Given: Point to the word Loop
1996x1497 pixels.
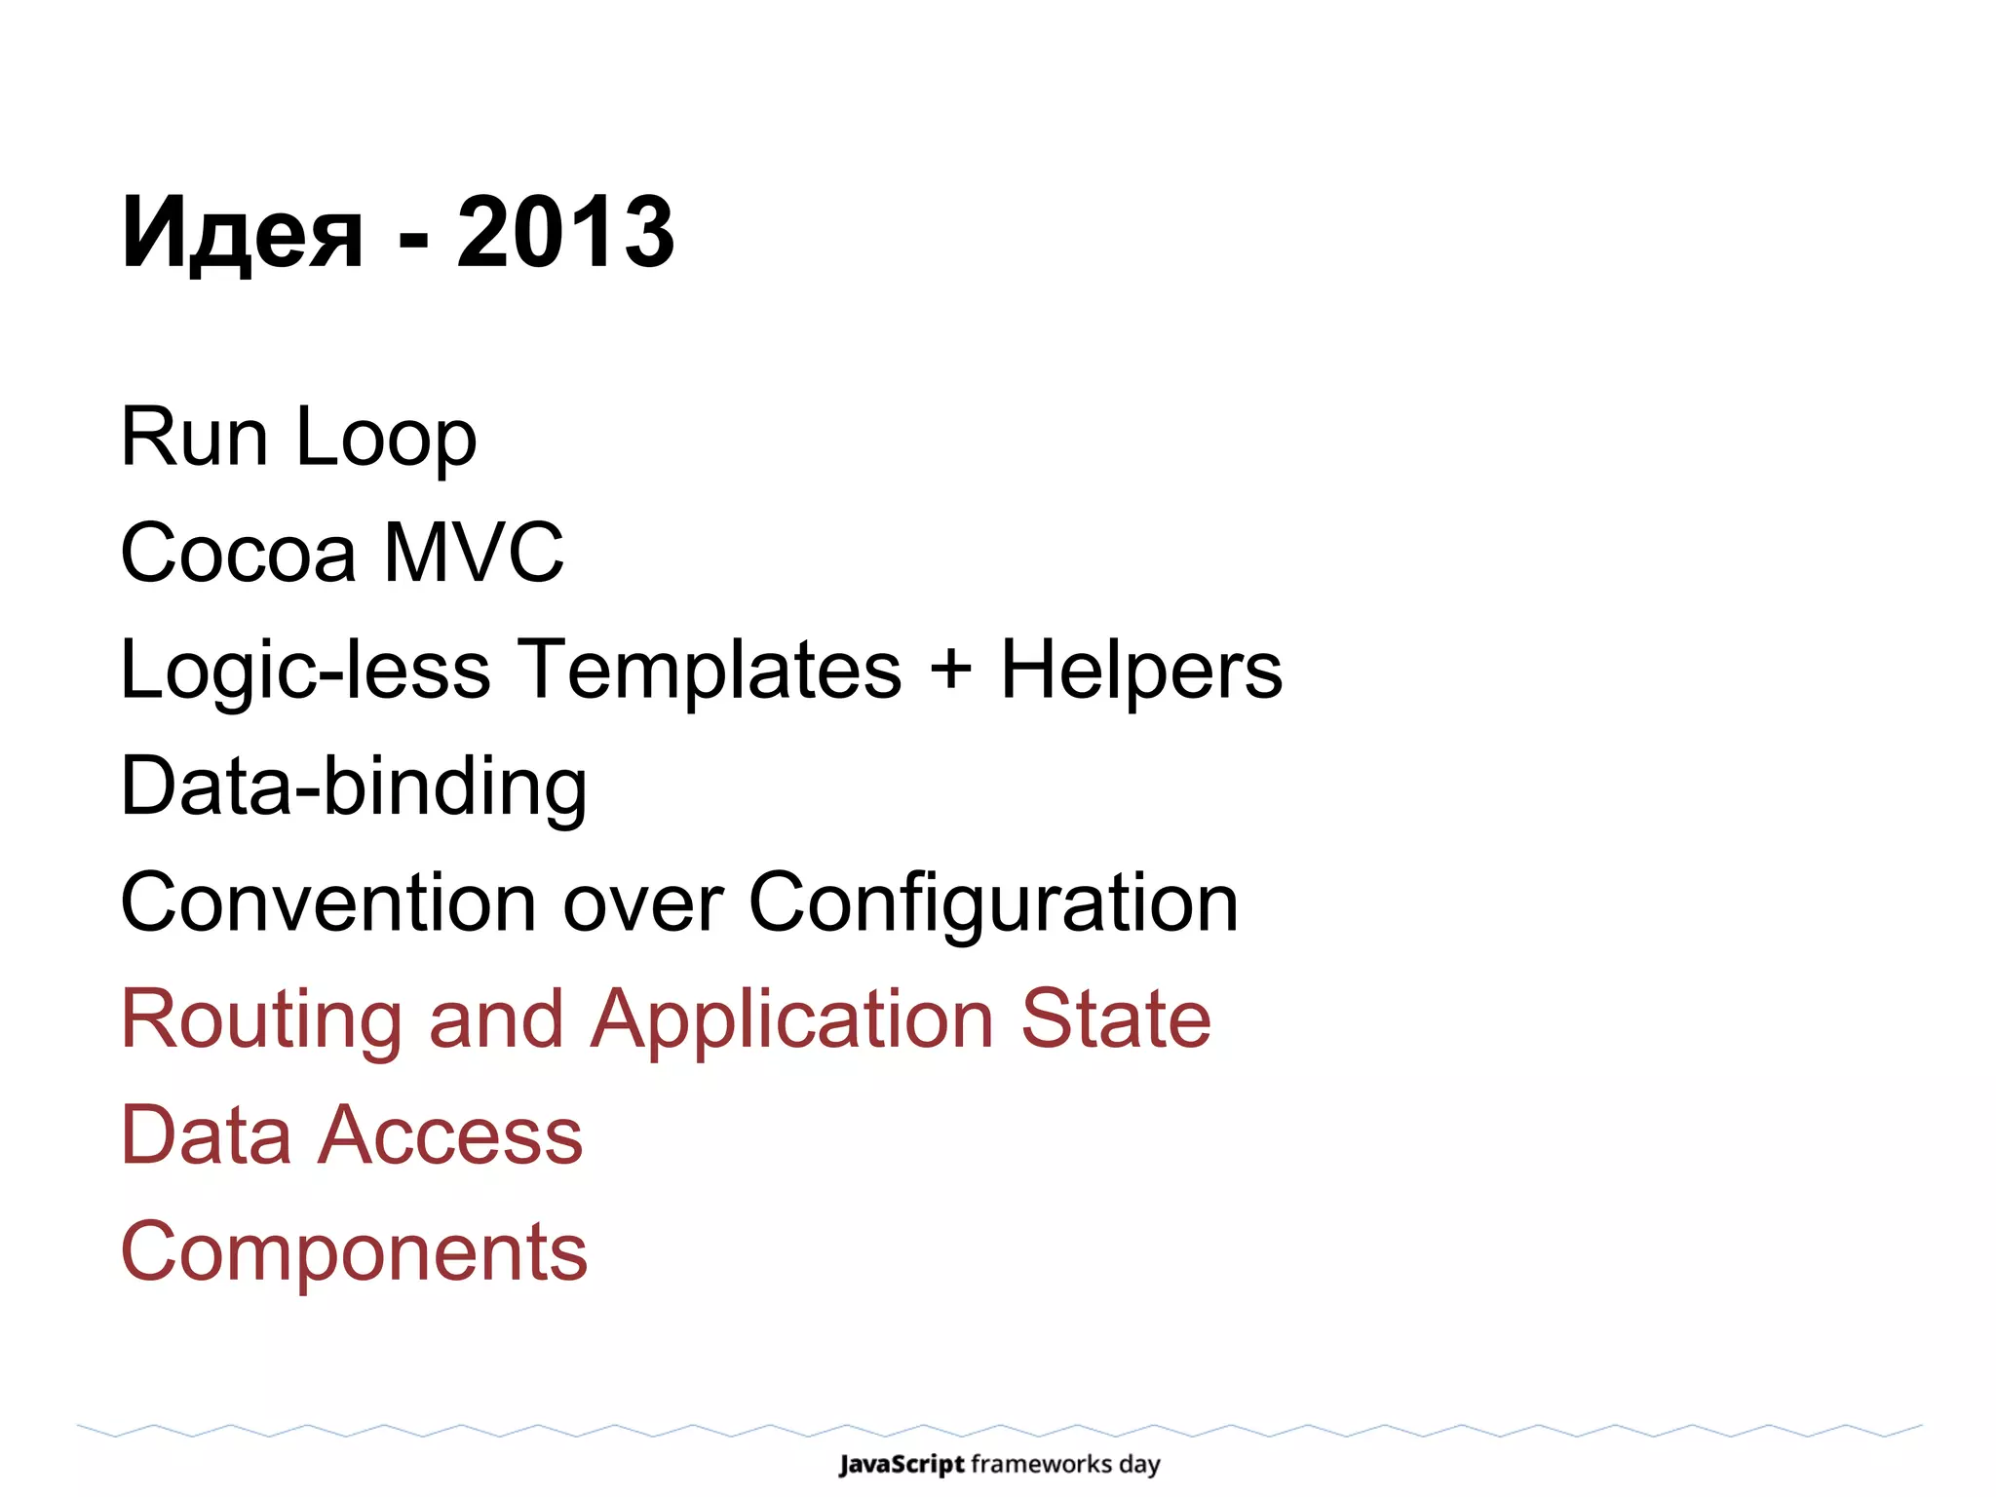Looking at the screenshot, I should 386,439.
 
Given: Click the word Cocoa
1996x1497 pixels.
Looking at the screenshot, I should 238,553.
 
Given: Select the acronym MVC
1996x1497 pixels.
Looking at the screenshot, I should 474,553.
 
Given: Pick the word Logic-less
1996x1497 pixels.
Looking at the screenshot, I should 305,671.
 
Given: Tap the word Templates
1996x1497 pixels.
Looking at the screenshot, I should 709,671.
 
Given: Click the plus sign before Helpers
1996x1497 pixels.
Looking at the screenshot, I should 950,671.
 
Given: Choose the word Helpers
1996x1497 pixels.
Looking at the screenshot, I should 1141,671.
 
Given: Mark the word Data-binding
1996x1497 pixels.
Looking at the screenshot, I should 354,787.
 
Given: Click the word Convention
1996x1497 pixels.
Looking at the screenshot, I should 329,902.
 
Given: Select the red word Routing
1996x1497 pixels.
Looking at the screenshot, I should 260,1020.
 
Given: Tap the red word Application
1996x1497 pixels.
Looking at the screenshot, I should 793,1020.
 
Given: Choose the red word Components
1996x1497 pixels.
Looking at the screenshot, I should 354,1252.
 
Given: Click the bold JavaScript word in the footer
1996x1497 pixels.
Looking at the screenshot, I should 902,1465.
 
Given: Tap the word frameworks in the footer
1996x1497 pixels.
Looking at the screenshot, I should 1041,1464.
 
